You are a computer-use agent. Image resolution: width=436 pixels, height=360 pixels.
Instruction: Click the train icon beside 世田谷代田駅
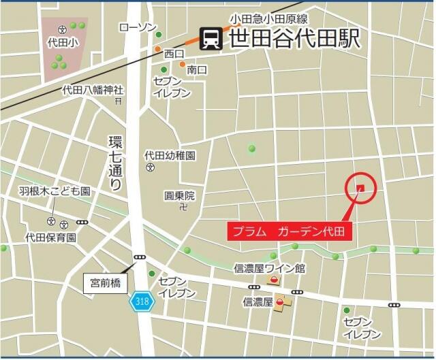pyautogui.click(x=211, y=38)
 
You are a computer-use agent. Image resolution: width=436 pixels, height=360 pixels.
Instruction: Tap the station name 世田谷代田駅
pyautogui.click(x=294, y=38)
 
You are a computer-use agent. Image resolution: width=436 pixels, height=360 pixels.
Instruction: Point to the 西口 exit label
pyautogui.click(x=174, y=53)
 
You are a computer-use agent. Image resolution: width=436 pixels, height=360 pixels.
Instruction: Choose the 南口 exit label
pyautogui.click(x=197, y=69)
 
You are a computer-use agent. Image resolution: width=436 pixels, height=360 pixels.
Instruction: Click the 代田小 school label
pyautogui.click(x=61, y=42)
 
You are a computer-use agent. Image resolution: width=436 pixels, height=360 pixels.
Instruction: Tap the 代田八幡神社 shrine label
pyautogui.click(x=93, y=89)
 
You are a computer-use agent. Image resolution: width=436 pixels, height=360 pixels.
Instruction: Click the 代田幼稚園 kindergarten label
pyautogui.click(x=170, y=155)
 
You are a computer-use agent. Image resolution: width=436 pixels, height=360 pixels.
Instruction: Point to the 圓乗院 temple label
pyautogui.click(x=179, y=195)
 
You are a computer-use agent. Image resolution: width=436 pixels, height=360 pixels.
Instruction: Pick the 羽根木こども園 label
pyautogui.click(x=54, y=192)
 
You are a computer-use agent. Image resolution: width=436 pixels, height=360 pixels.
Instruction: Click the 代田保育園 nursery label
pyautogui.click(x=50, y=238)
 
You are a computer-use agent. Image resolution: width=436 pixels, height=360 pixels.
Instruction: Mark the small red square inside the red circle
pyautogui.click(x=361, y=189)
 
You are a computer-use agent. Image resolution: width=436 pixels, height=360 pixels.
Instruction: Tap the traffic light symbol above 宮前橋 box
pyautogui.click(x=140, y=257)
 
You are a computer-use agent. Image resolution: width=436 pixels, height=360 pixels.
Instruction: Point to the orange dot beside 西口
pyautogui.click(x=158, y=49)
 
